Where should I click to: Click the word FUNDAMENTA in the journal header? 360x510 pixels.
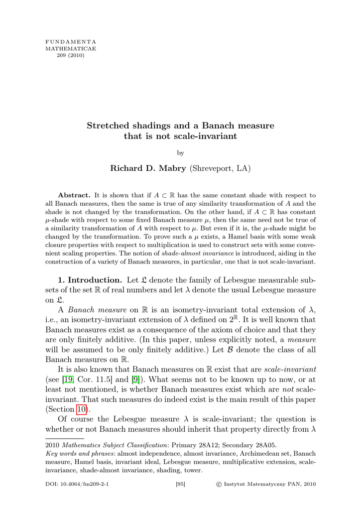[x=71, y=41]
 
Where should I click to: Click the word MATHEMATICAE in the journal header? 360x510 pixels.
[x=71, y=48]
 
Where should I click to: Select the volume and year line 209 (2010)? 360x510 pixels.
[x=71, y=55]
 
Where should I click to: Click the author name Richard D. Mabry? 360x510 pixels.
[x=147, y=169]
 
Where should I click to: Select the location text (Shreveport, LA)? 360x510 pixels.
[x=220, y=169]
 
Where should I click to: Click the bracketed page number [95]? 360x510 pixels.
[x=180, y=484]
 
